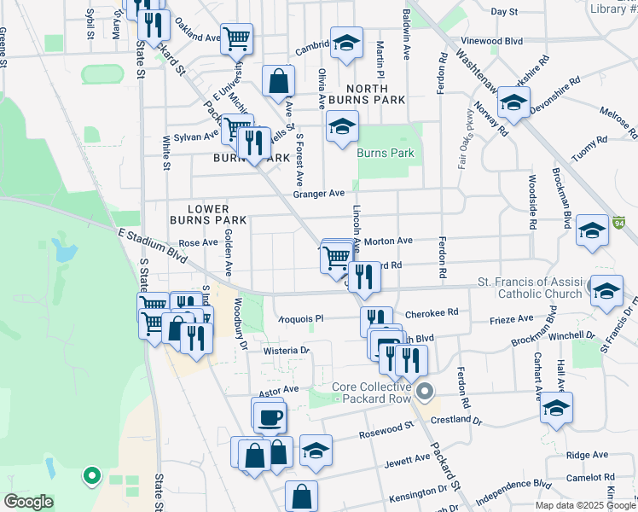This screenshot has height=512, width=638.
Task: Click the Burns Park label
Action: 386,154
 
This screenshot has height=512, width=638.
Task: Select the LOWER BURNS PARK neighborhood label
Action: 208,214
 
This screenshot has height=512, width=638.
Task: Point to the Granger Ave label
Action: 318,194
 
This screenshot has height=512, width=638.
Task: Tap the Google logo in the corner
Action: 28,501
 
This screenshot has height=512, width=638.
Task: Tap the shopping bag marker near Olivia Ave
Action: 278,82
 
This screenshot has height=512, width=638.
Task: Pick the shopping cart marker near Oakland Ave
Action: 236,38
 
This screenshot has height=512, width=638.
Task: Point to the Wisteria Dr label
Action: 287,351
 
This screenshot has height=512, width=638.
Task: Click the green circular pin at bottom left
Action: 91,475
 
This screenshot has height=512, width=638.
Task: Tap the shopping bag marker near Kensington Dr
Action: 301,496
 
